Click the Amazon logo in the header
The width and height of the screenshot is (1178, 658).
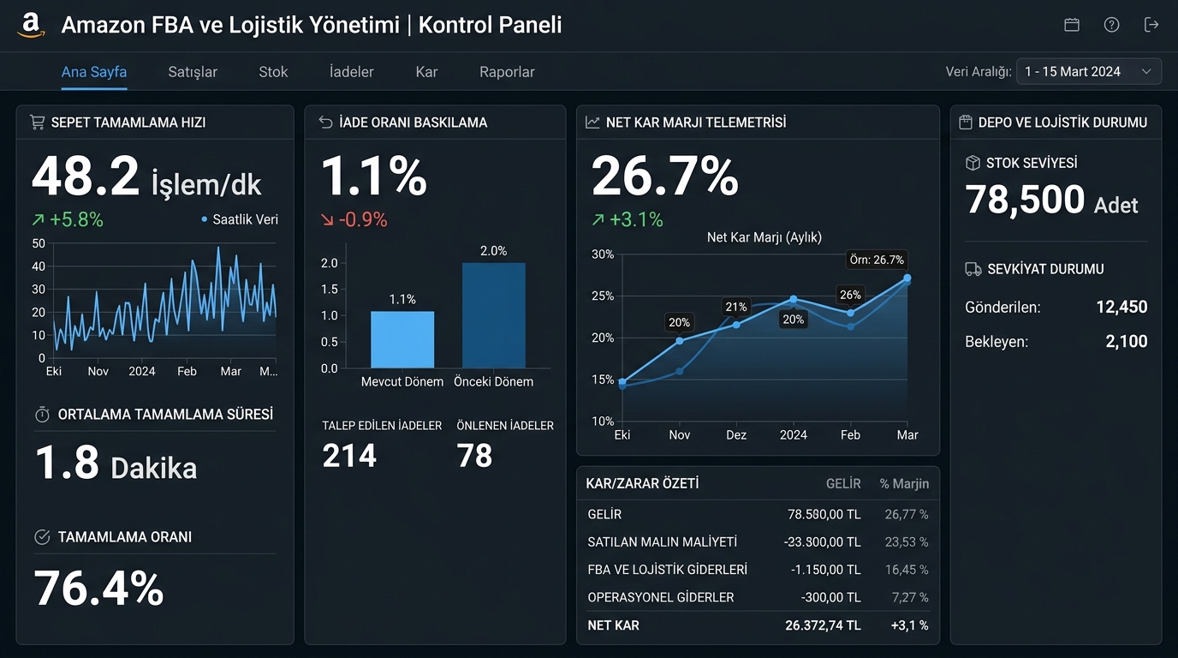(x=31, y=25)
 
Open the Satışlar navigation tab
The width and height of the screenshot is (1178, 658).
(x=193, y=72)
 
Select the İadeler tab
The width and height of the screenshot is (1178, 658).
(x=351, y=71)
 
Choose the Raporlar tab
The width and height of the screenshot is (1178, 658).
(x=507, y=72)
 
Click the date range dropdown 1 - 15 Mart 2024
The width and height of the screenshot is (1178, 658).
(x=1089, y=72)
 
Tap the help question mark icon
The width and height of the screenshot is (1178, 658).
(x=1111, y=25)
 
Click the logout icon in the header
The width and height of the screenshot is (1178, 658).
(x=1151, y=25)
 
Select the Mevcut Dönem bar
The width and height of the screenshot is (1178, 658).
(x=402, y=339)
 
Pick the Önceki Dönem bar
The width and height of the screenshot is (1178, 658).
(x=494, y=315)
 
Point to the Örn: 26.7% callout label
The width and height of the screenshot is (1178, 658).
(x=877, y=260)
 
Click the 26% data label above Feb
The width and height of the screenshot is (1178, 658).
(x=850, y=295)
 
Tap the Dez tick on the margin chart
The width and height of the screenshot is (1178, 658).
(x=736, y=434)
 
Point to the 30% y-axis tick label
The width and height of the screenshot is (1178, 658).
(x=603, y=254)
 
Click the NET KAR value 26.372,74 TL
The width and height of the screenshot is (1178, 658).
(x=823, y=625)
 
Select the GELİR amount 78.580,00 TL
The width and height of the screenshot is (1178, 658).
(x=824, y=514)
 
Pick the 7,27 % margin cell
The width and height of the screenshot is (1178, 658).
(x=910, y=597)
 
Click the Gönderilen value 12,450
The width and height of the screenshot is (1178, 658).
(x=1121, y=307)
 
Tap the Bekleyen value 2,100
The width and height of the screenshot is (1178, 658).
(x=1127, y=342)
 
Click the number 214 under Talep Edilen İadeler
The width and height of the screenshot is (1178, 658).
(x=349, y=456)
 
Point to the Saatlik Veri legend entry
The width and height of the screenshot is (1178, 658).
(x=240, y=219)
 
